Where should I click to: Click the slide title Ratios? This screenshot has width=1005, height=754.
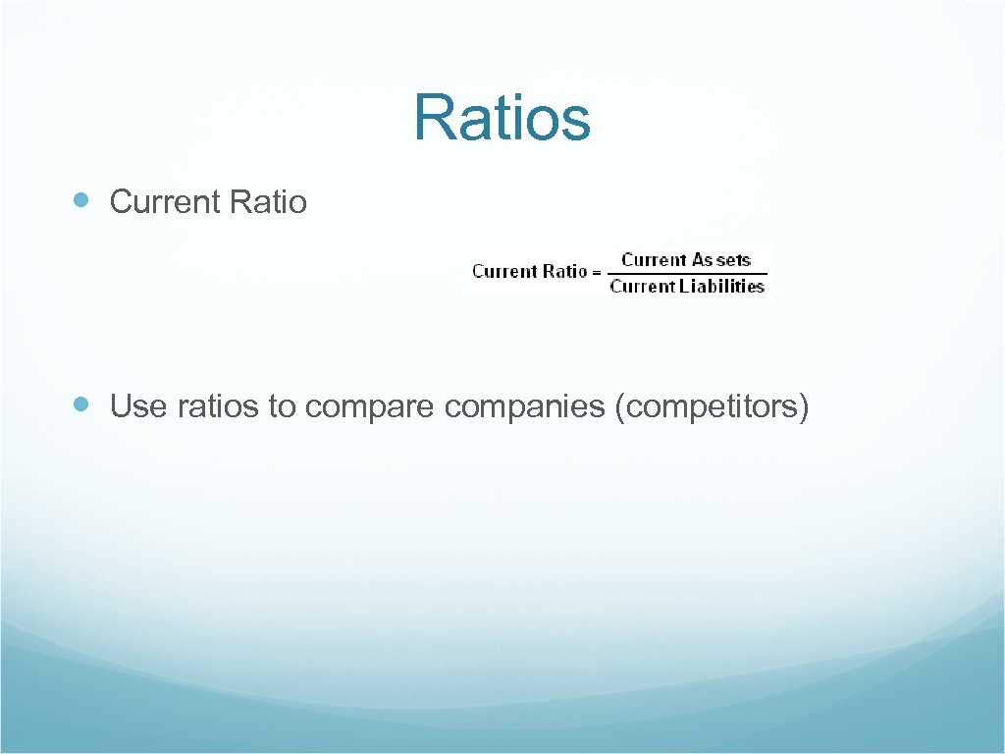point(502,117)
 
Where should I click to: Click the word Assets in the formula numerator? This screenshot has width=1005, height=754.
point(721,260)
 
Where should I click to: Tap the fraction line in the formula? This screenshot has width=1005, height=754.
point(687,274)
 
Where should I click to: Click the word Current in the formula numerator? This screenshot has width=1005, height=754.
point(654,260)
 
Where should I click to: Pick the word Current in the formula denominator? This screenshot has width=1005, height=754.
point(642,287)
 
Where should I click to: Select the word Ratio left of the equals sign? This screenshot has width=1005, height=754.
point(565,271)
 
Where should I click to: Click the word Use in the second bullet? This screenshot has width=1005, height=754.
point(138,405)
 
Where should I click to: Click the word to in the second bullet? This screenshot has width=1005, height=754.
point(282,405)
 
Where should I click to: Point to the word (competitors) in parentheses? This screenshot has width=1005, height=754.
point(711,405)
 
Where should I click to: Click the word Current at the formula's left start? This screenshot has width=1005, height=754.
point(504,271)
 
